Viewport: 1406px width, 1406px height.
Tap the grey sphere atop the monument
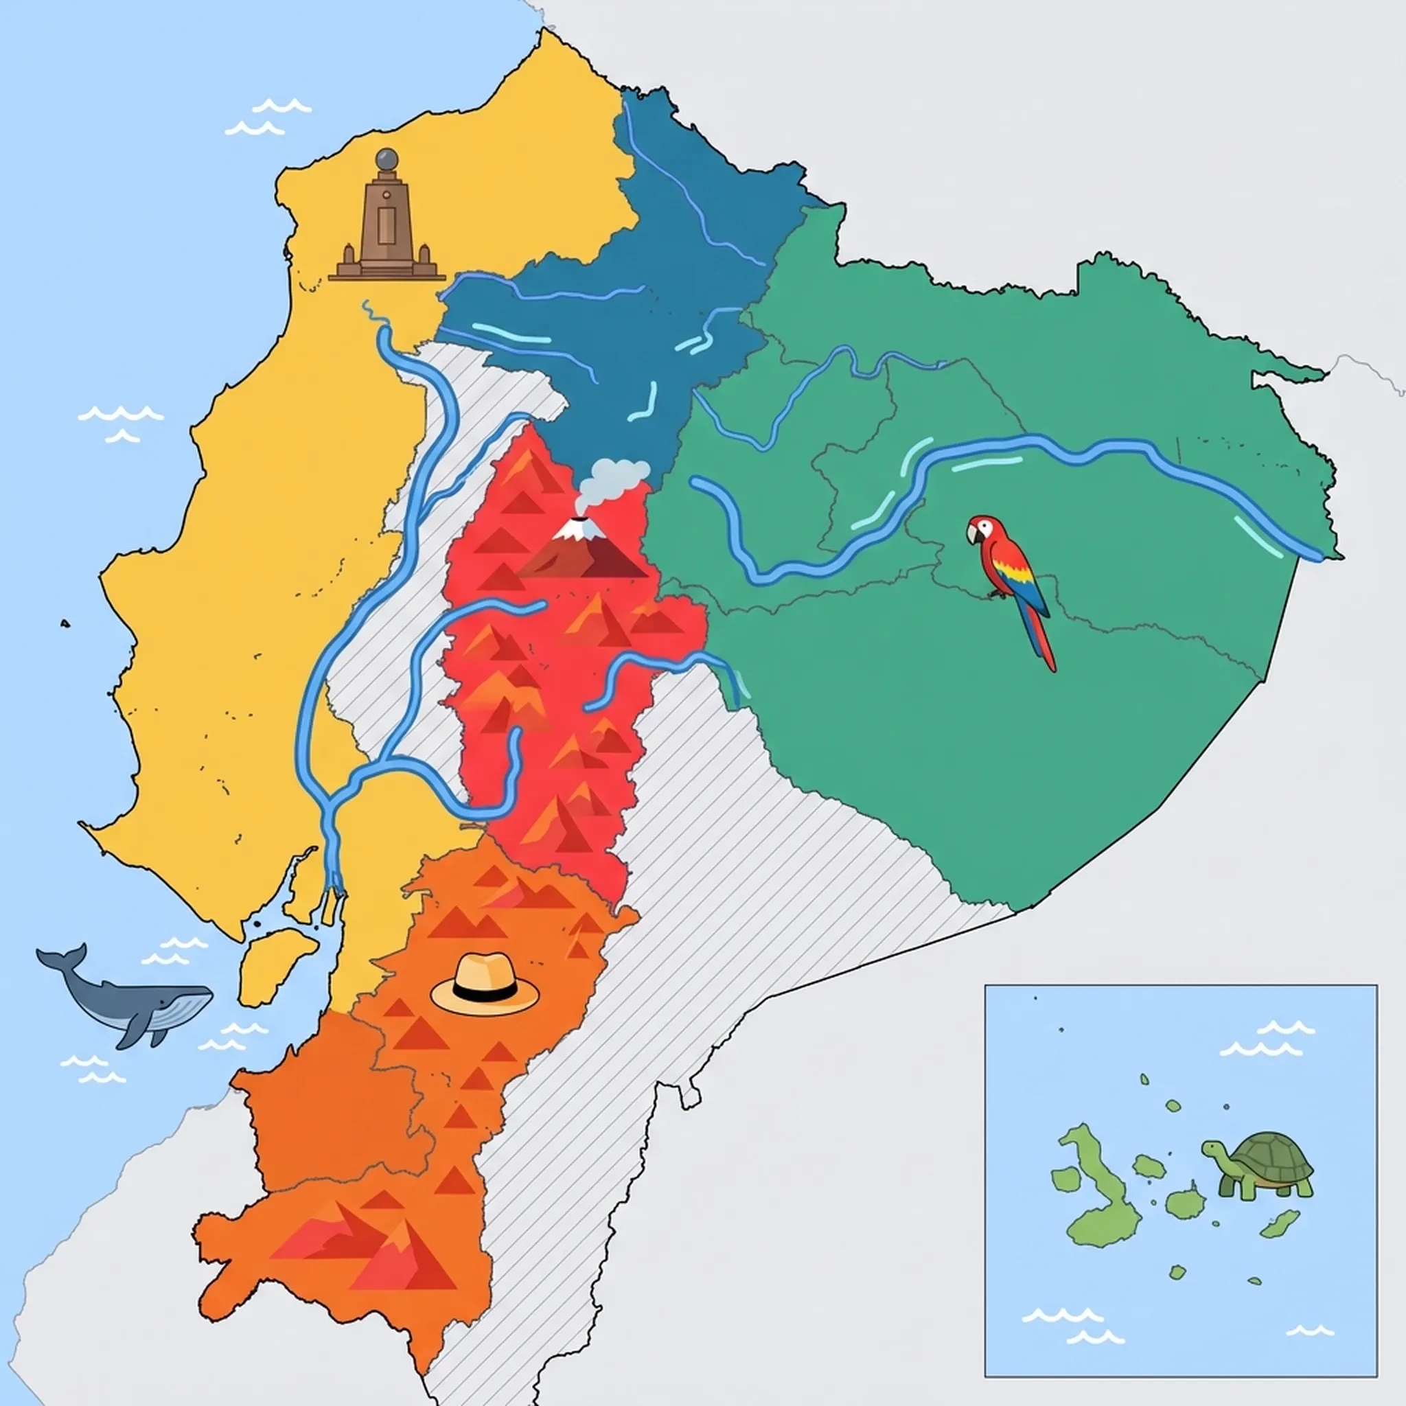click(387, 159)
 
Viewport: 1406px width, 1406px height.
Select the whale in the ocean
click(131, 997)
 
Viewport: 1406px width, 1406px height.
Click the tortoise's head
click(1212, 1149)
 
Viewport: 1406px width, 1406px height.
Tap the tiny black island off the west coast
click(65, 623)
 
